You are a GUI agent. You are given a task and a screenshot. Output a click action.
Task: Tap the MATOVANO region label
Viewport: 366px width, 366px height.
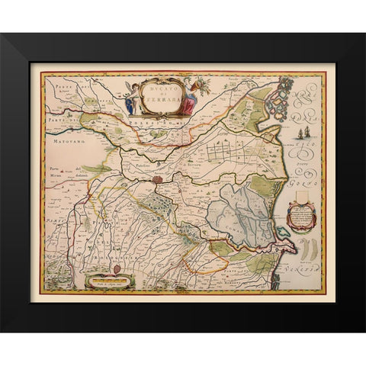click(x=60, y=140)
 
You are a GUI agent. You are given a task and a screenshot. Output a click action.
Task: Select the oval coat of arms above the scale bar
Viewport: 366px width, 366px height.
click(x=117, y=269)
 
